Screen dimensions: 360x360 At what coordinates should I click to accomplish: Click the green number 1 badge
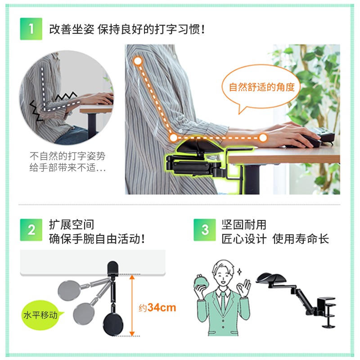pyautogui.click(x=31, y=29)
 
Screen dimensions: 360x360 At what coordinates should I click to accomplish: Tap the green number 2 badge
pyautogui.click(x=31, y=230)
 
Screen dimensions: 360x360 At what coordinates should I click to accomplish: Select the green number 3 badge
pyautogui.click(x=205, y=230)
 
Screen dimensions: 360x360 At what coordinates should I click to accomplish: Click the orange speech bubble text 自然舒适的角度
pyautogui.click(x=262, y=87)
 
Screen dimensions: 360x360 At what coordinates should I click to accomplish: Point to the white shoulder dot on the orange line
pyautogui.click(x=138, y=61)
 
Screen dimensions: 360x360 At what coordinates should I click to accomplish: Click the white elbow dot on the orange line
pyautogui.click(x=174, y=138)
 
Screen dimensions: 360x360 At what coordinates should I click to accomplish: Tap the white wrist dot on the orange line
pyautogui.click(x=263, y=138)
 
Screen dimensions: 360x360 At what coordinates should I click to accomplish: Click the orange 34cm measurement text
pyautogui.click(x=162, y=308)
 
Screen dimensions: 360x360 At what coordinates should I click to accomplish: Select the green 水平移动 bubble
pyautogui.click(x=41, y=315)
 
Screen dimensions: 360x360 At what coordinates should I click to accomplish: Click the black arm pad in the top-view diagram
pyautogui.click(x=113, y=324)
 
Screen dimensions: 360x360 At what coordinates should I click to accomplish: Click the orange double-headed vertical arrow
pyautogui.click(x=132, y=306)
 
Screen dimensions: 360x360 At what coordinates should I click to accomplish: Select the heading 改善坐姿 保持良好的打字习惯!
pyautogui.click(x=127, y=29)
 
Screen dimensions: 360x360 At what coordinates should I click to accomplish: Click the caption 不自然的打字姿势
pyautogui.click(x=67, y=156)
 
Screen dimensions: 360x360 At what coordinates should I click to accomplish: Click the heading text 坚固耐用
pyautogui.click(x=244, y=225)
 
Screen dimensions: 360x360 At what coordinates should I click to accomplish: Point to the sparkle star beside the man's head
pyautogui.click(x=239, y=272)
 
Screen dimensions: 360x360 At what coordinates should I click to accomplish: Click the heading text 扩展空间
pyautogui.click(x=72, y=225)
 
